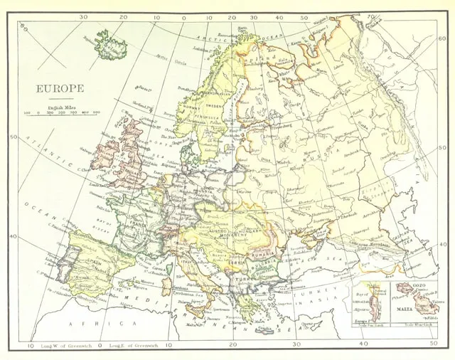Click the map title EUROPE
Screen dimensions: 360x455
coord(61,88)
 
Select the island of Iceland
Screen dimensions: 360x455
coord(112,45)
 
